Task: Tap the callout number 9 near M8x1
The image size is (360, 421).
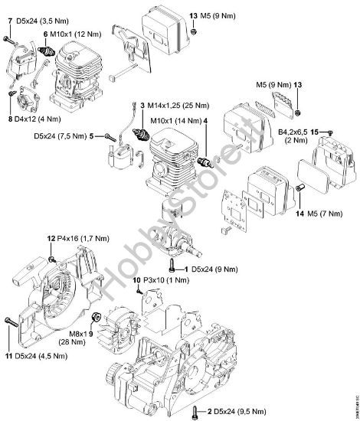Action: [90, 334]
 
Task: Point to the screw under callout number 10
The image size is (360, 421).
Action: [137, 288]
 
